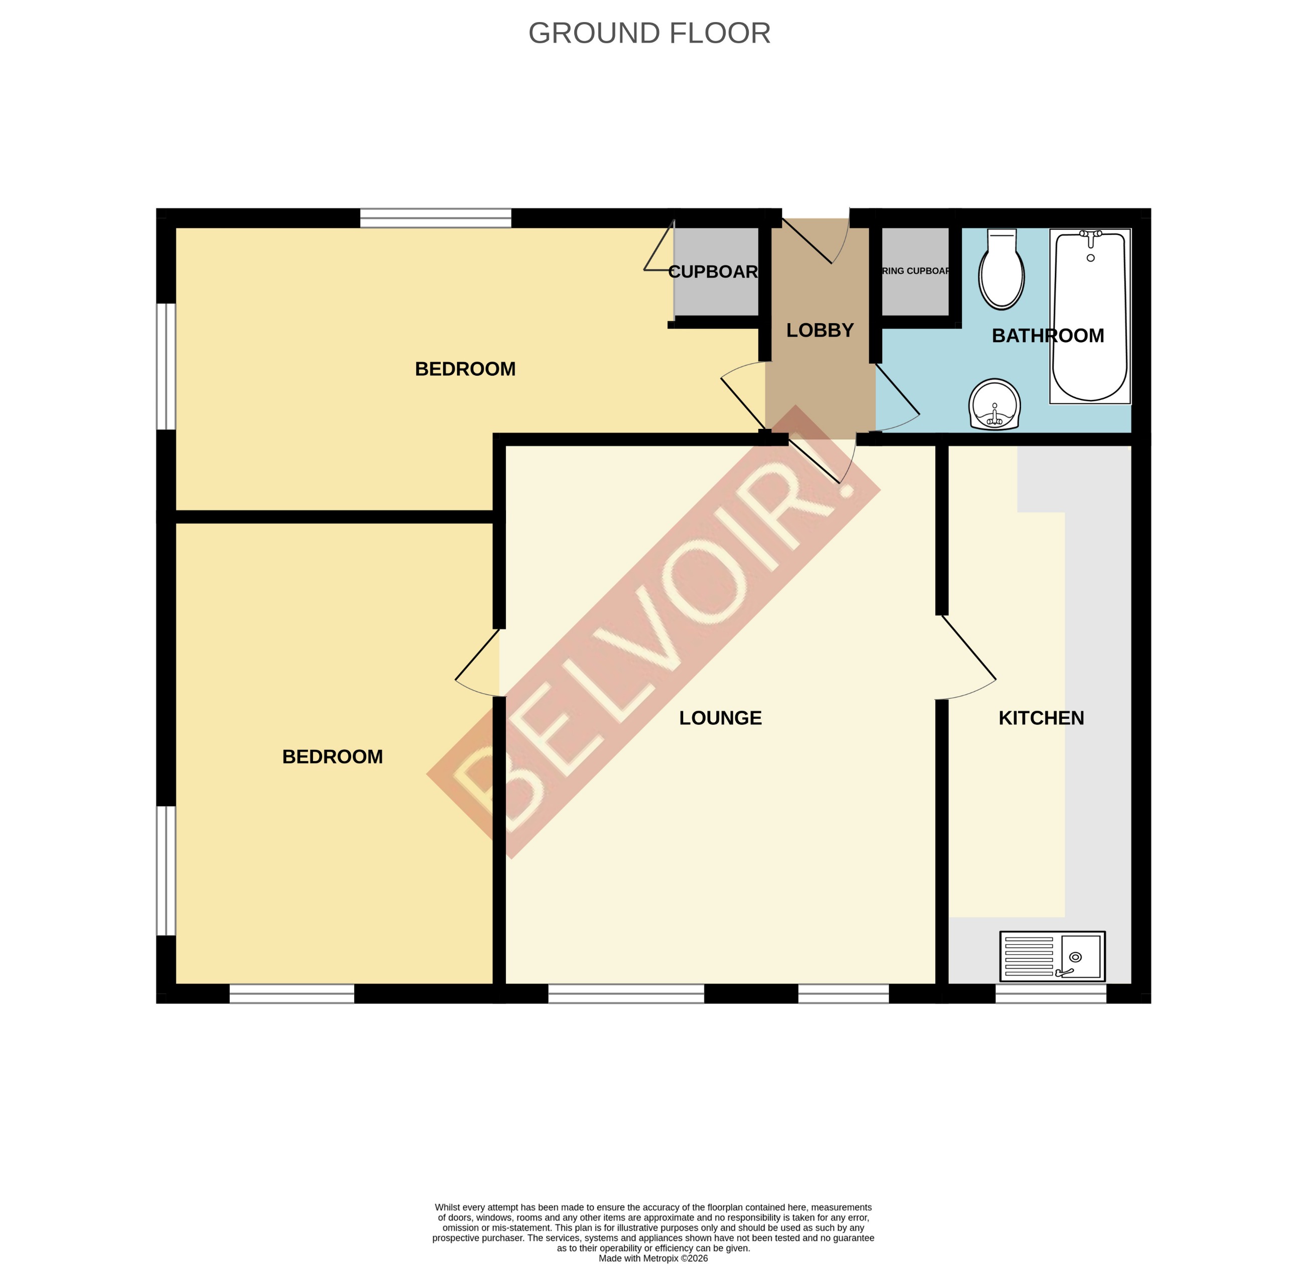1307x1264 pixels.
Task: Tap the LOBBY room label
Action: point(820,330)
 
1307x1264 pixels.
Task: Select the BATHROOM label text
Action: point(1048,336)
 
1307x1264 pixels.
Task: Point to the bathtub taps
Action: point(1090,235)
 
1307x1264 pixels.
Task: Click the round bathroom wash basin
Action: point(994,405)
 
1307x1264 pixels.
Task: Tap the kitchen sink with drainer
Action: point(1052,957)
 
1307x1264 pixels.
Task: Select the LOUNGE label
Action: point(720,718)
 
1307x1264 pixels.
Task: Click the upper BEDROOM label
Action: point(465,369)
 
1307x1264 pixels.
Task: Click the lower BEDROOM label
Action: point(332,756)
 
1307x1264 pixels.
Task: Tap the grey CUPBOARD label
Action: point(713,271)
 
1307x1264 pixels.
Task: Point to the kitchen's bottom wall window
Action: point(1050,993)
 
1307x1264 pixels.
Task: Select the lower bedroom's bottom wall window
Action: point(291,993)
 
